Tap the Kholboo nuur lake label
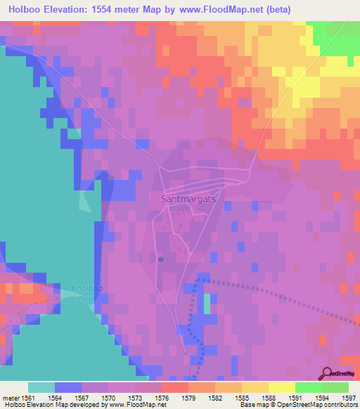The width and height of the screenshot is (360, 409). click(86, 292)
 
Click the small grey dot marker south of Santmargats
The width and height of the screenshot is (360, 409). click(161, 259)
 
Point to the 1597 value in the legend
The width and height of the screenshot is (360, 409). click(349, 397)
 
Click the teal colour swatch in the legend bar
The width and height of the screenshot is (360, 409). click(41, 387)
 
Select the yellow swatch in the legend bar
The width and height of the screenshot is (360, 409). click(281, 387)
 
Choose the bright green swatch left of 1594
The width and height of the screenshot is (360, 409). click(308, 387)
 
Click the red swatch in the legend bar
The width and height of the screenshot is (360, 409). click(174, 387)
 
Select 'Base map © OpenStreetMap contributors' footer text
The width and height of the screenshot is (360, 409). click(297, 405)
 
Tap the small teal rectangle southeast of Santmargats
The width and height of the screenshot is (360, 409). click(207, 304)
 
